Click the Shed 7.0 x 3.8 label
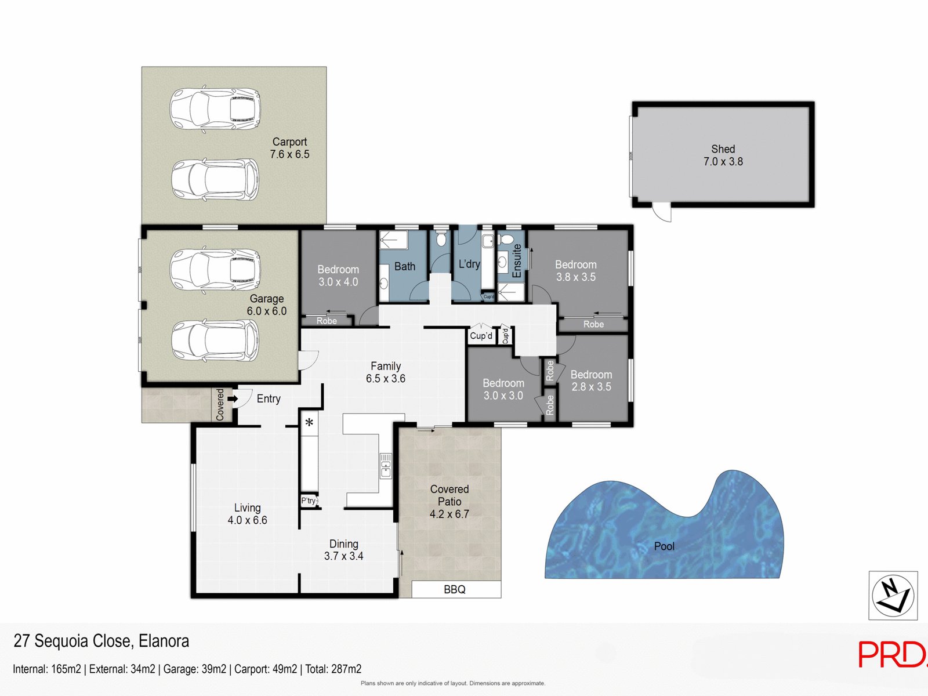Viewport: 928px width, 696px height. tap(723, 155)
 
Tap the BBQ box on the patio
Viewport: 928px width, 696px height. tap(455, 589)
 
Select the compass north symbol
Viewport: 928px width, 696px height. tap(893, 595)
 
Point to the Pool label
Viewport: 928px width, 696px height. tap(664, 546)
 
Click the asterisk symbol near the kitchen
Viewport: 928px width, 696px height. tap(309, 423)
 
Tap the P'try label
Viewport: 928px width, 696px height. tap(309, 501)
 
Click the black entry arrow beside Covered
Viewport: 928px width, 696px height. tap(233, 399)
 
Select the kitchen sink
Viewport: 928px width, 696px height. tap(386, 466)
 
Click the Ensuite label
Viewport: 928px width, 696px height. tap(517, 260)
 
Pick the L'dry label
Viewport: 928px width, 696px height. tap(469, 264)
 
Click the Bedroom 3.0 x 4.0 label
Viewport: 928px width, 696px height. tap(338, 275)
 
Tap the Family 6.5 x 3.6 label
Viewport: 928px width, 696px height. tap(386, 372)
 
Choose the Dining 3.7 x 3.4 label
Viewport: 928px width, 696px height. tap(343, 550)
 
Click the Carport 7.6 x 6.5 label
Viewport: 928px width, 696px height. tap(289, 148)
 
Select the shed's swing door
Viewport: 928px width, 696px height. tap(662, 212)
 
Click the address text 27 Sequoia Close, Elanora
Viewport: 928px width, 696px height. tap(101, 641)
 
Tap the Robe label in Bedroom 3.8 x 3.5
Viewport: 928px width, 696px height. tap(593, 324)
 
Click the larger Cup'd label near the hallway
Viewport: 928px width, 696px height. tap(481, 336)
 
